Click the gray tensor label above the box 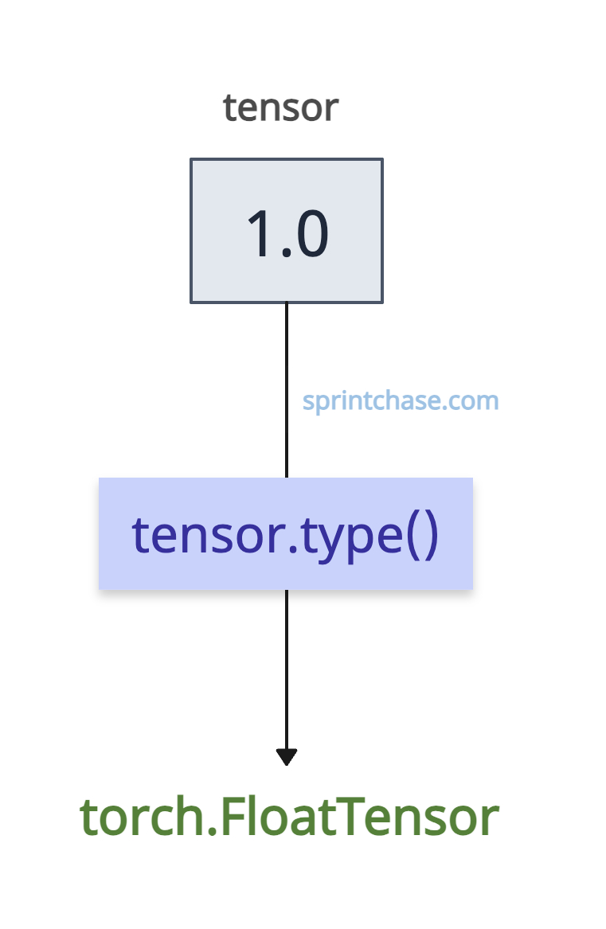tap(280, 108)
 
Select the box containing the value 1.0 tap(287, 231)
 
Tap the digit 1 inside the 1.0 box tap(260, 233)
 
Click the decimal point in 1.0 tap(287, 252)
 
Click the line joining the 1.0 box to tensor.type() tap(287, 390)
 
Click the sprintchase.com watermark tap(401, 402)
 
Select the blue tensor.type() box tap(286, 533)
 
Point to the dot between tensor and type tap(292, 549)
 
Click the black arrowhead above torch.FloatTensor tap(287, 757)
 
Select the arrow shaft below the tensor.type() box tap(287, 669)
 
